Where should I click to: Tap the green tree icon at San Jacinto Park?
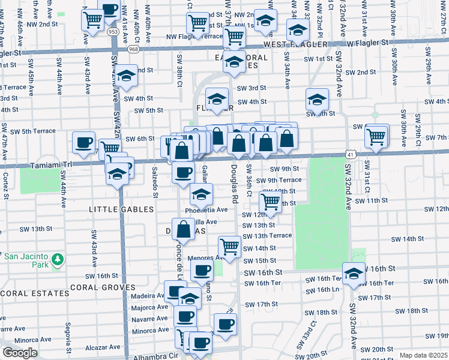click(x=58, y=259)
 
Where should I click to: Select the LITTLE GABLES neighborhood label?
click(x=121, y=209)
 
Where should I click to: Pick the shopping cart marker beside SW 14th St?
click(x=229, y=246)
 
